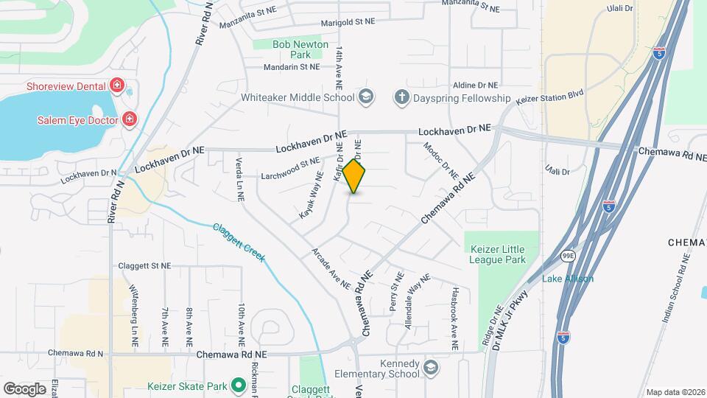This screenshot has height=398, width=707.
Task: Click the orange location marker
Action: coord(354,176)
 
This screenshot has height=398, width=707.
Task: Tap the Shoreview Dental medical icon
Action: coord(116,86)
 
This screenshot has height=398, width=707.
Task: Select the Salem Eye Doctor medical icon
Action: coord(129,119)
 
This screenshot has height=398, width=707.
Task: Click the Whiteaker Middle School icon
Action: coord(366,98)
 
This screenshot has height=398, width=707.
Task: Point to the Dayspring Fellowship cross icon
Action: coord(401,98)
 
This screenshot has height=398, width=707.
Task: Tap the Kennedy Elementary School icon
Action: coord(431,366)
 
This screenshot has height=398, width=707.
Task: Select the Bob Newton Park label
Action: coord(292,49)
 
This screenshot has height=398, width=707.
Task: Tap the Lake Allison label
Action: coord(568,279)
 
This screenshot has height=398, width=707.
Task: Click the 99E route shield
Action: coord(567,256)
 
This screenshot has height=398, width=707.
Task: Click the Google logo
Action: coord(24,388)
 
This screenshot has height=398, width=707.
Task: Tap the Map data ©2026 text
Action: coord(675,392)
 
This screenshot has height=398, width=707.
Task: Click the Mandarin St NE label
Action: coord(293,66)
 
